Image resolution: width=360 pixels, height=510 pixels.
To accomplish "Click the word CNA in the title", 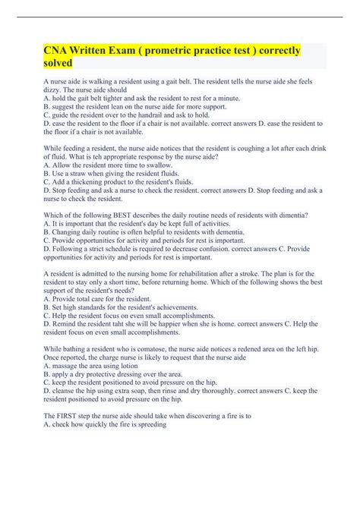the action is pos(57,51).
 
